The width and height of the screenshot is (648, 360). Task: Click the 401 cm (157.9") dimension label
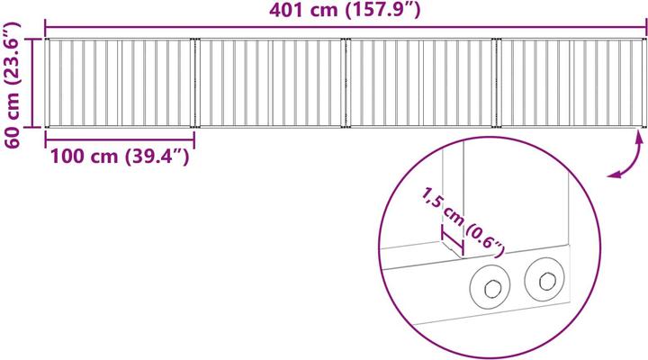click(x=345, y=10)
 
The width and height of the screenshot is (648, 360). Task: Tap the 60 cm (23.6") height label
click(x=12, y=85)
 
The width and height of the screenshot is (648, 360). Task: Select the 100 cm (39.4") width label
click(x=120, y=157)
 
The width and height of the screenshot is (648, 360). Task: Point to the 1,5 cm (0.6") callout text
click(x=463, y=221)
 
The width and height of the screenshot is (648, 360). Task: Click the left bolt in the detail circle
click(x=490, y=286)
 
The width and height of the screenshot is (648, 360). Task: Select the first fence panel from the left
click(x=120, y=83)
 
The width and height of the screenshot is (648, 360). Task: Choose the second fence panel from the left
click(x=270, y=83)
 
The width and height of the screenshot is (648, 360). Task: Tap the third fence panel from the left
click(x=420, y=83)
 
